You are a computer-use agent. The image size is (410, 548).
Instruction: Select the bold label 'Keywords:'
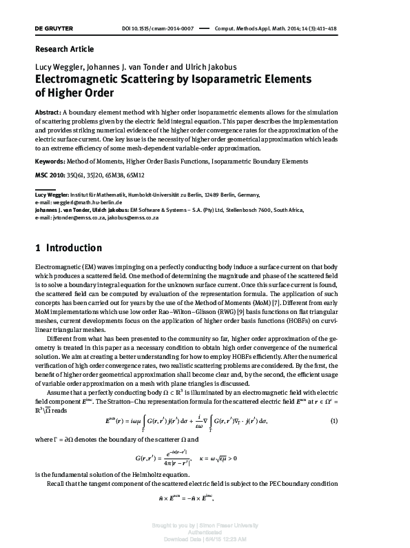coord(52,160)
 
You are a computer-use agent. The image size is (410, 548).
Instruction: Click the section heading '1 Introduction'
coord(68,248)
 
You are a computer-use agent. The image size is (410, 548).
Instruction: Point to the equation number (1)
coord(372,421)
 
